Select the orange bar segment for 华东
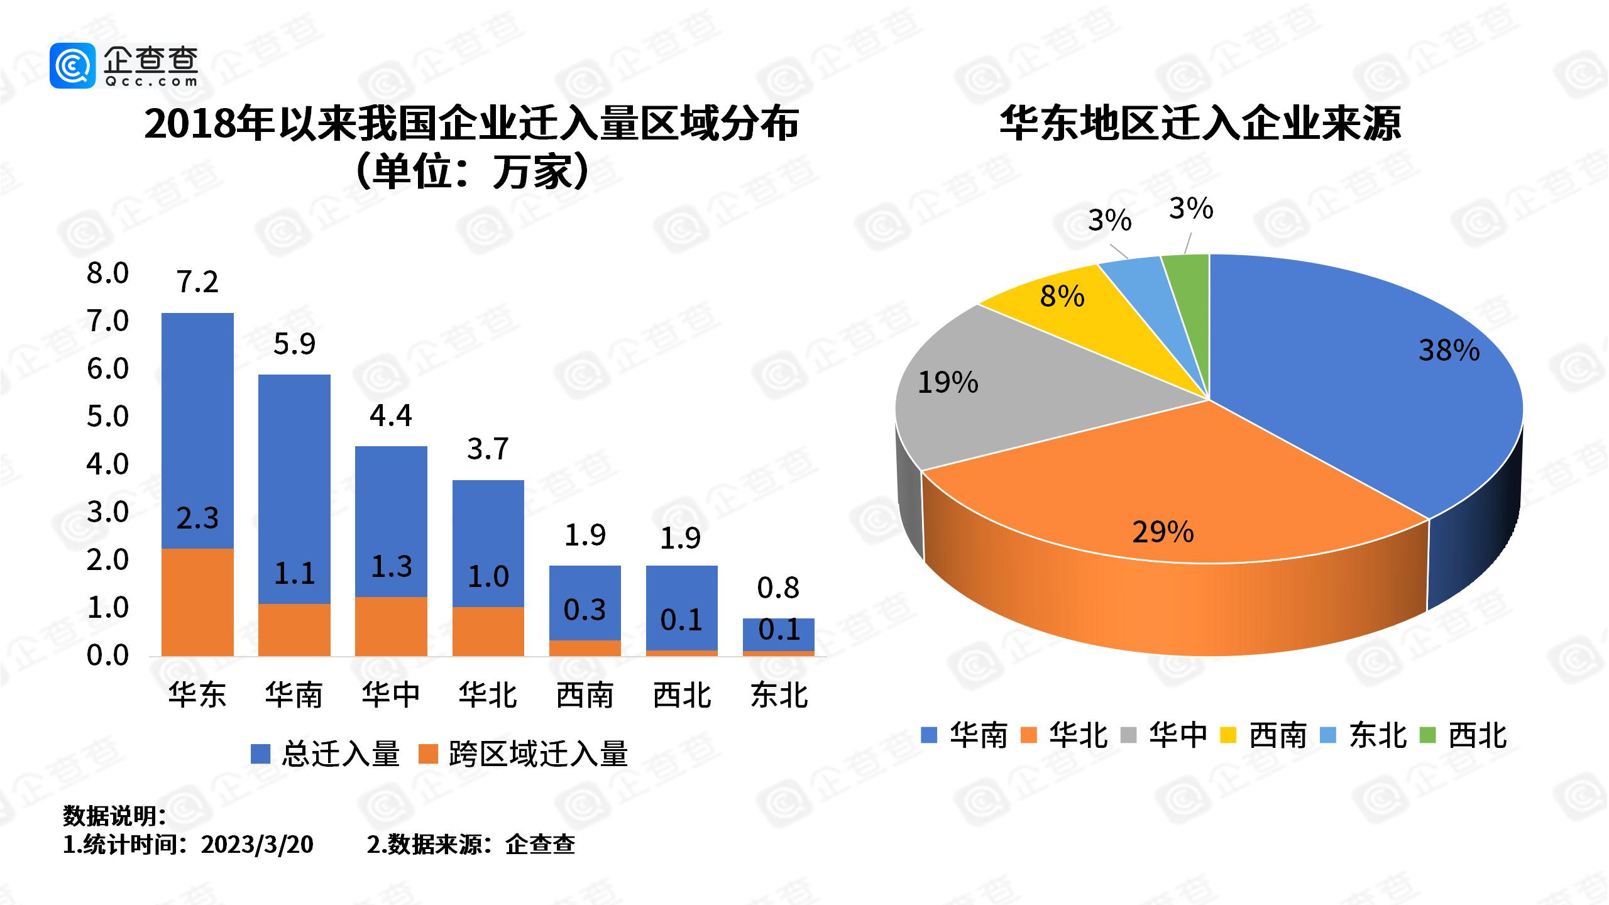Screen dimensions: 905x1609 point(197,602)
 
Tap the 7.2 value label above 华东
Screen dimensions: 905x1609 point(197,282)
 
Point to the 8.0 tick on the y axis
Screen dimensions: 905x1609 point(107,273)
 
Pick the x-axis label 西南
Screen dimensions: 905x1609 point(585,695)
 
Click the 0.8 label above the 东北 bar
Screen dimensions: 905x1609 point(778,588)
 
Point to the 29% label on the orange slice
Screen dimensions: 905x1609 point(1163,532)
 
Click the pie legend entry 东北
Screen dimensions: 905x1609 point(1364,735)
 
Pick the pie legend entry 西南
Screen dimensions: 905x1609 point(1264,735)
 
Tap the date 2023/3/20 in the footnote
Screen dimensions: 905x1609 point(257,844)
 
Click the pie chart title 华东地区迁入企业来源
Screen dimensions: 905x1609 point(1200,124)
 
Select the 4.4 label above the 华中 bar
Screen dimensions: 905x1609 point(391,415)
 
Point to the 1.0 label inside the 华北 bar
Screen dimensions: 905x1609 point(488,576)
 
